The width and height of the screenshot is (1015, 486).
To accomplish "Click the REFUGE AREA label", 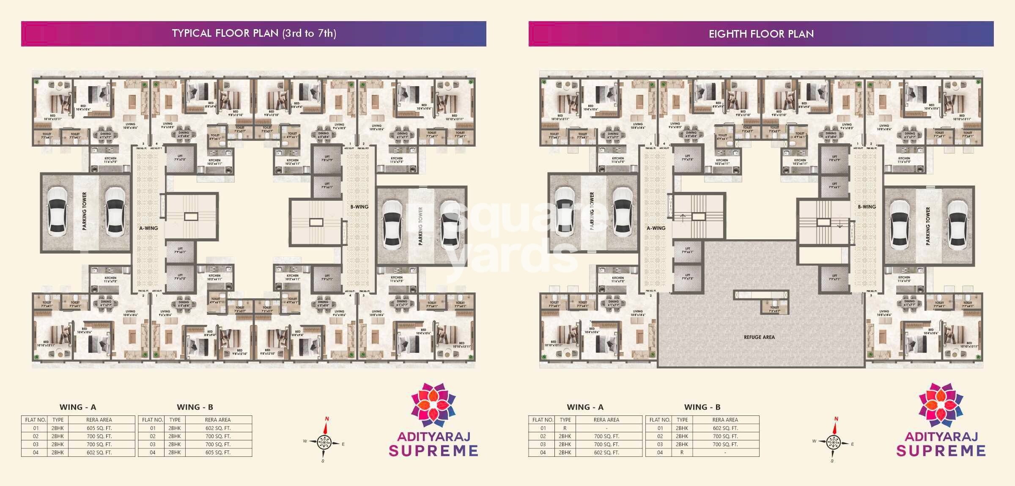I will (x=759, y=337).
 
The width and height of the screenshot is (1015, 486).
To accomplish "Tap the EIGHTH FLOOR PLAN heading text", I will (x=761, y=34).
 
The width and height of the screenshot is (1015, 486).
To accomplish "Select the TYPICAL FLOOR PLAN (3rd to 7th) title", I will (x=254, y=33).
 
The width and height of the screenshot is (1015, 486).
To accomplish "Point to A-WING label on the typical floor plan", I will (x=148, y=228).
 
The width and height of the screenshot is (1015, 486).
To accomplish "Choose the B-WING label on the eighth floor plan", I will (x=867, y=207).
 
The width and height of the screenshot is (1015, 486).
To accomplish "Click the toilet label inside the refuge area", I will (x=774, y=309).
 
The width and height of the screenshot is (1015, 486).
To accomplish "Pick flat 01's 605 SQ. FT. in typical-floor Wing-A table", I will (x=99, y=428).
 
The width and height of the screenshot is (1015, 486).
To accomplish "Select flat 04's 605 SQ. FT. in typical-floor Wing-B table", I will (x=218, y=453).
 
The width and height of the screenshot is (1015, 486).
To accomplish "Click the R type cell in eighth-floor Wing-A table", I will (x=565, y=428).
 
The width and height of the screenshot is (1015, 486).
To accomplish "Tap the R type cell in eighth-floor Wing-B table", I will (x=682, y=453).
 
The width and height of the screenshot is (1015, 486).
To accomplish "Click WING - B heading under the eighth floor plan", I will (x=702, y=407).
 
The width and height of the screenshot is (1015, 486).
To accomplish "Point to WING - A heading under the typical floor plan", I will (x=78, y=407).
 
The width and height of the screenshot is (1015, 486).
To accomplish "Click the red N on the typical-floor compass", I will (x=327, y=419).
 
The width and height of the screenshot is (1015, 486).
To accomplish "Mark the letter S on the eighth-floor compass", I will (x=832, y=461).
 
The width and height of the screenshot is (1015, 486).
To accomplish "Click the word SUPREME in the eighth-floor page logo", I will (x=941, y=451).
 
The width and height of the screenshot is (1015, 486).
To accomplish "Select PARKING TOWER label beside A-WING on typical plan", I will (x=85, y=211).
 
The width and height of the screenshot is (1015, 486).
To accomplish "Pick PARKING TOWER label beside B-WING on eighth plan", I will (x=928, y=226).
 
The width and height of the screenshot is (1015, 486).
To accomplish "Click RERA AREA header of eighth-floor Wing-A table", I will (x=606, y=420).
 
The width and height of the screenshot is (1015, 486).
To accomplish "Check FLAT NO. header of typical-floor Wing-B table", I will (x=152, y=420).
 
